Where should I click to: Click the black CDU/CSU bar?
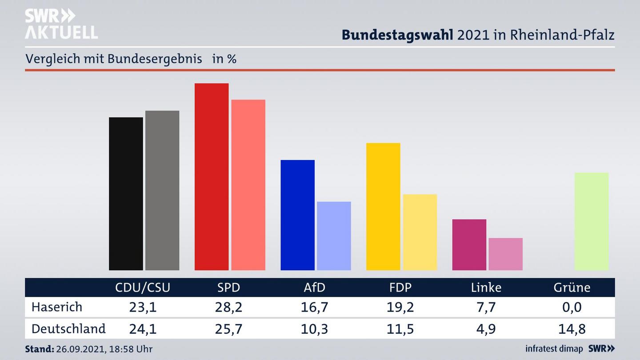126,194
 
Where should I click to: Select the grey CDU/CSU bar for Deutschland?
162,190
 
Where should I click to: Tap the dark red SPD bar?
212,176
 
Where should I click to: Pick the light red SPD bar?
248,185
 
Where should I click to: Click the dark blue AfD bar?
297,215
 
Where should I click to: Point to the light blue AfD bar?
334,236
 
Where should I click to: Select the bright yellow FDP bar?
383,207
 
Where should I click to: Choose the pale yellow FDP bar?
420,232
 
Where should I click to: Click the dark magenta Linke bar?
469,244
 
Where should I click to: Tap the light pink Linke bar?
505,254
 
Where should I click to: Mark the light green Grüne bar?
591,221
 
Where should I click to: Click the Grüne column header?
572,288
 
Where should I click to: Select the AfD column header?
314,288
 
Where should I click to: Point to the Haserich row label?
57,307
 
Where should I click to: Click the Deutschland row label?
68,329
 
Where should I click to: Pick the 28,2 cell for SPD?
228,307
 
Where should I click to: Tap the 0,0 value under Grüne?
572,307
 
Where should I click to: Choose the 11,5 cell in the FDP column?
400,329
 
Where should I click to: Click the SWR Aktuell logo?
61,24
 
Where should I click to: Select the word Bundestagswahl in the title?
397,35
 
